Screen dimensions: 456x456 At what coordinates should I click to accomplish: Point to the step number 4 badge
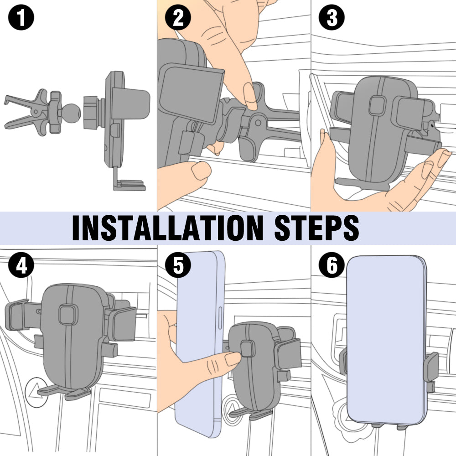(x=21, y=265)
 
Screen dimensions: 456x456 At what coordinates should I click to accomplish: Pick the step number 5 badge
(x=178, y=265)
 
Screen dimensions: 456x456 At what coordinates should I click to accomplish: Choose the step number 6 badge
(x=332, y=265)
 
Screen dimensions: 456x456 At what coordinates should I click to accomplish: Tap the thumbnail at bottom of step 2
(x=201, y=171)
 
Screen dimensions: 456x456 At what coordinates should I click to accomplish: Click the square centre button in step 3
(x=377, y=106)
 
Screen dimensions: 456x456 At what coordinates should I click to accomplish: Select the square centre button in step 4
(x=68, y=315)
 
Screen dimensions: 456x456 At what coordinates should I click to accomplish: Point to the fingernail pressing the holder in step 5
(x=233, y=359)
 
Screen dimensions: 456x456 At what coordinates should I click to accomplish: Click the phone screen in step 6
(x=386, y=339)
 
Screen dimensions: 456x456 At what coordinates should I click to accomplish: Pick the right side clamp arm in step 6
(x=431, y=367)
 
